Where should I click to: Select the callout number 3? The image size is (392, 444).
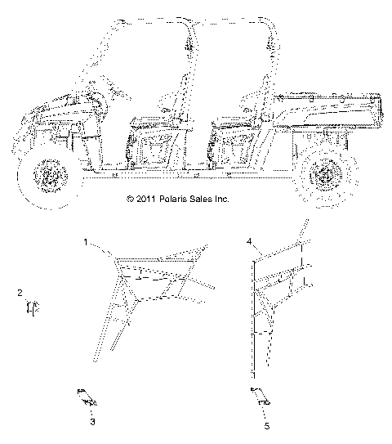(92, 422)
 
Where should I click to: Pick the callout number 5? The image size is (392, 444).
(265, 424)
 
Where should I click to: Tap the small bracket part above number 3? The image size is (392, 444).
(87, 397)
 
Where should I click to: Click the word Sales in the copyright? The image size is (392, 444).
(199, 222)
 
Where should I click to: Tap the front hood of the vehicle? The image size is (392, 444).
(49, 110)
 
